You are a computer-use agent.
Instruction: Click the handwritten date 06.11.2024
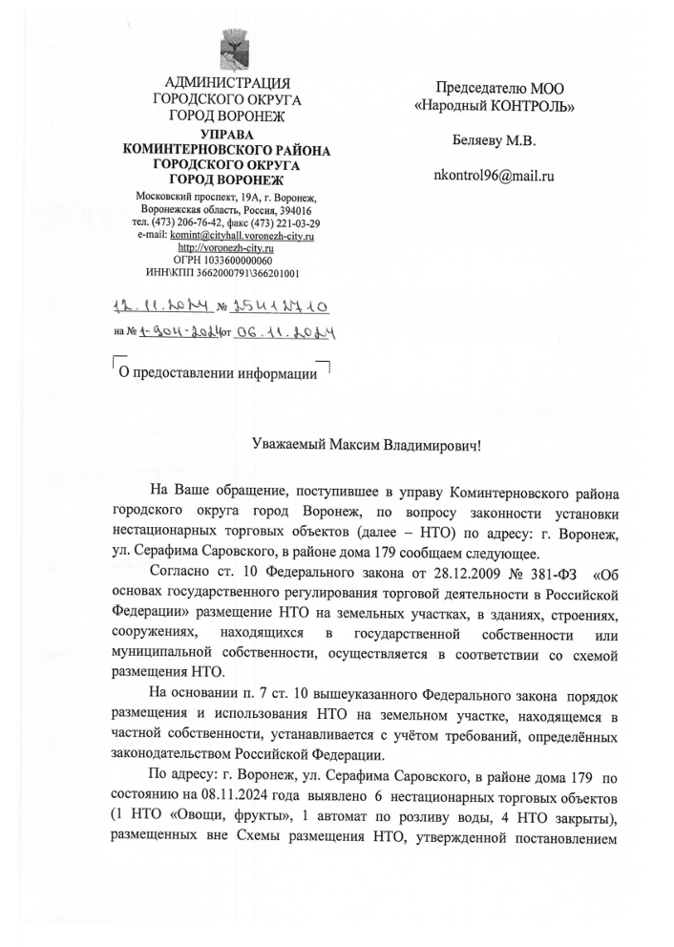pyautogui.click(x=290, y=334)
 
